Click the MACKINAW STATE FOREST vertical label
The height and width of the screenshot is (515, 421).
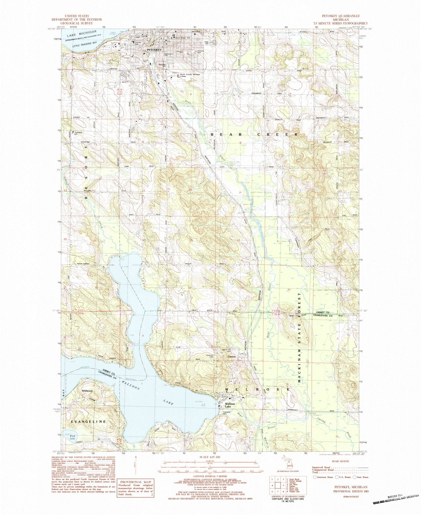[300, 338]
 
